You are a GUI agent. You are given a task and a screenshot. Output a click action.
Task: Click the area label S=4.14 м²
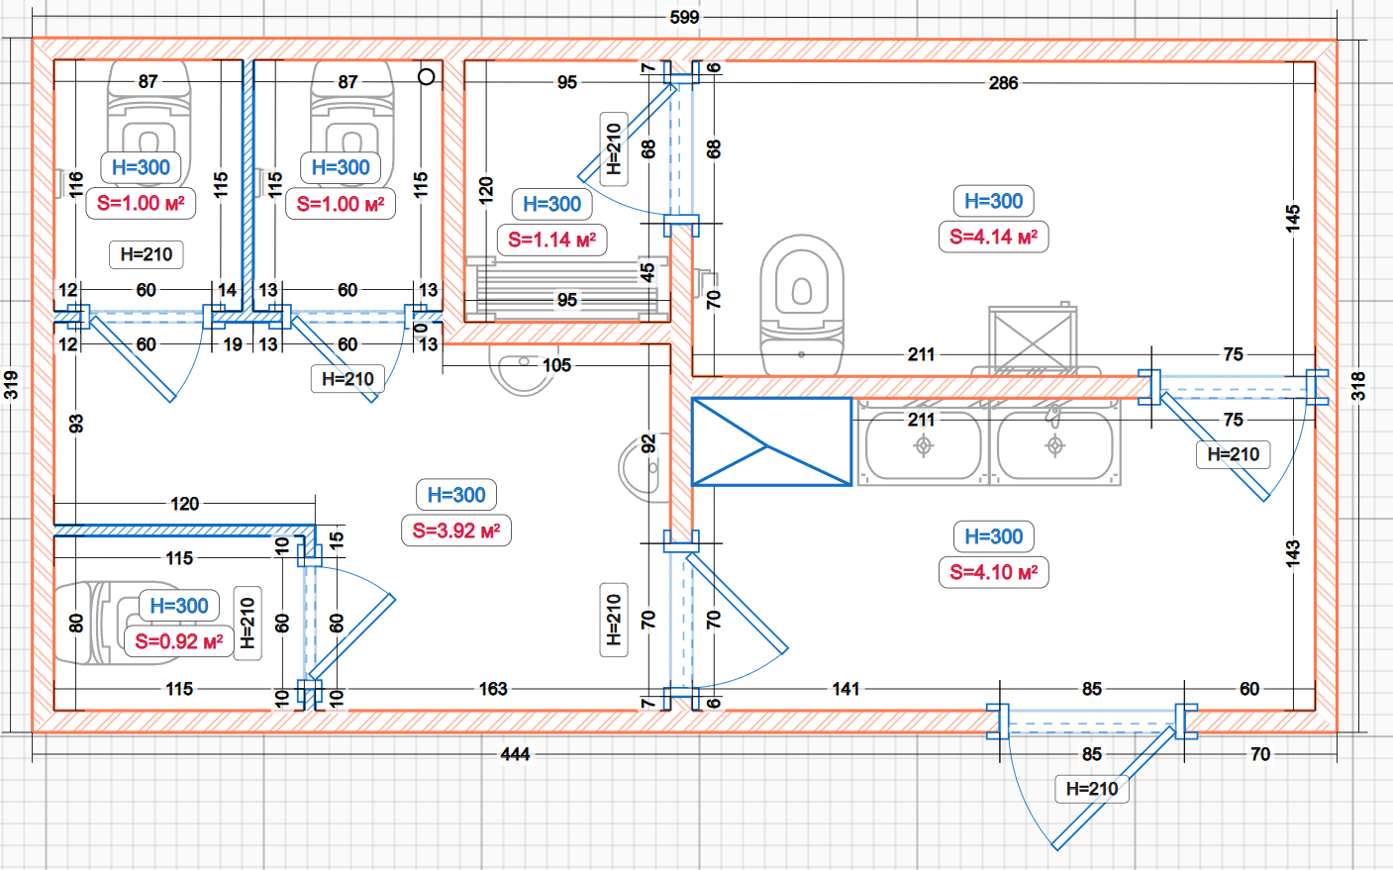click(x=993, y=238)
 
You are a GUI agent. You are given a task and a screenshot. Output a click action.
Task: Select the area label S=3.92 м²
click(x=456, y=531)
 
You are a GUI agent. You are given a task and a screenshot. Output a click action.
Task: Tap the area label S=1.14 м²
click(x=551, y=240)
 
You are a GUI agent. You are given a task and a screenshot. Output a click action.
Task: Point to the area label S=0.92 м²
click(x=179, y=641)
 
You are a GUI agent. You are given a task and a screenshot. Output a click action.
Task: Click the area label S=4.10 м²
click(x=993, y=572)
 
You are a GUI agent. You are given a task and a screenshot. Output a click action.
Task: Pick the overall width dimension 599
click(x=684, y=17)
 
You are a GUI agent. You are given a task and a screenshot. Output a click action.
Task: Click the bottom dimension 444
click(x=515, y=754)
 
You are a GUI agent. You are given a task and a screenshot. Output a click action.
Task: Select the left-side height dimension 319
click(x=11, y=384)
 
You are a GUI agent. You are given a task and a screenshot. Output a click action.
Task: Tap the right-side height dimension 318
click(x=1358, y=386)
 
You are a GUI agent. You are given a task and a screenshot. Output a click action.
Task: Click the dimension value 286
click(x=1003, y=83)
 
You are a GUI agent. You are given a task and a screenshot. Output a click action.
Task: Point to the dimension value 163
click(x=493, y=689)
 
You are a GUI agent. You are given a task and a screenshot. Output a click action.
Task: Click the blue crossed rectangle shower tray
click(x=771, y=441)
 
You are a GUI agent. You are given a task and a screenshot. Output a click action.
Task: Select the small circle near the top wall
click(x=427, y=76)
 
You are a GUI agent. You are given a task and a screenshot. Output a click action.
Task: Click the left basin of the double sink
click(x=923, y=445)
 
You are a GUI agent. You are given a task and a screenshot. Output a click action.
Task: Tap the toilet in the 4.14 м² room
click(x=802, y=302)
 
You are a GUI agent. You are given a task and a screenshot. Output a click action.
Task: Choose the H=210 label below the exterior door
click(x=1092, y=789)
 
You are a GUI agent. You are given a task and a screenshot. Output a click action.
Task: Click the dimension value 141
click(x=846, y=689)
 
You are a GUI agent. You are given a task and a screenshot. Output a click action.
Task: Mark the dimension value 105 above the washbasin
click(x=556, y=365)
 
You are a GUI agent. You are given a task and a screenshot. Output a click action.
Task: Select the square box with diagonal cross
click(x=1033, y=338)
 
